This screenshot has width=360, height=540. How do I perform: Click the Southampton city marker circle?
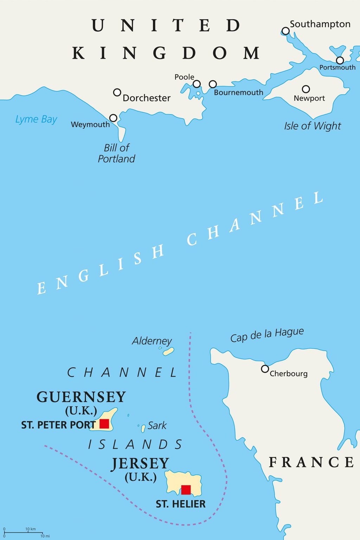coord(286,31)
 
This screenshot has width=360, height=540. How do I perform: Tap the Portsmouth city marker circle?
coord(340,60)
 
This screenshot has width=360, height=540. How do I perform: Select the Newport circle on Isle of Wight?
coord(306,89)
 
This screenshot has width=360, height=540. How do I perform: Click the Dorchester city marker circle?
coord(117,92)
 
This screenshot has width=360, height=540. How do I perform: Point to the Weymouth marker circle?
coord(113,118)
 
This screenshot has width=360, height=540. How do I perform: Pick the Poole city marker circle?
coord(197,84)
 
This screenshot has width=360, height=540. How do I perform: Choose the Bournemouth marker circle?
coord(213,84)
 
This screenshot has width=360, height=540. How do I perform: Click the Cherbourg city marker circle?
coord(265,369)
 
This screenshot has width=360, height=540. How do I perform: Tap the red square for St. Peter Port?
coord(104,424)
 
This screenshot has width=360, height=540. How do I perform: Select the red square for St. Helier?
coord(186,490)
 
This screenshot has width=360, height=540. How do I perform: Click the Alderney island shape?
coord(169,351)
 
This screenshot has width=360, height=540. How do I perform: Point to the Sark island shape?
coord(143,429)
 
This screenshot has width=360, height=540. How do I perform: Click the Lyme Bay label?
coord(36,119)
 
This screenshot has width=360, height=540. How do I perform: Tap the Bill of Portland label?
coord(116,153)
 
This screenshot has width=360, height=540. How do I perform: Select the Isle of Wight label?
coord(313,126)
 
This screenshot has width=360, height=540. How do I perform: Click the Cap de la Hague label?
coord(267,335)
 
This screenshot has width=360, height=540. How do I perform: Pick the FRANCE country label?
coord(311,462)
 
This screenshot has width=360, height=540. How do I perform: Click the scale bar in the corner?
coord(23,533)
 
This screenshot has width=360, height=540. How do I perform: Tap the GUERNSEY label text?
coord(81,397)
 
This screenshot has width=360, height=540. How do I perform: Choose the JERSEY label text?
coord(141,463)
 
